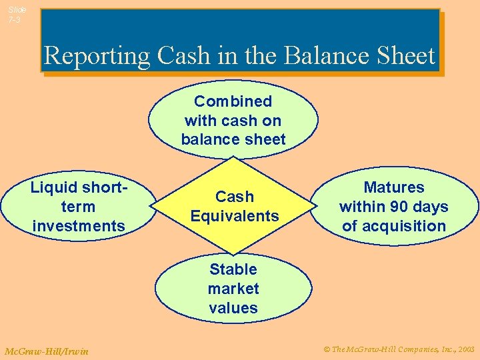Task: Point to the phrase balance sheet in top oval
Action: (233, 140)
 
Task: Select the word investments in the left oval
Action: (78, 226)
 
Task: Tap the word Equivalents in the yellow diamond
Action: (234, 216)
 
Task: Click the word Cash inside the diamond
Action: (234, 197)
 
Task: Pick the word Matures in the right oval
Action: (393, 187)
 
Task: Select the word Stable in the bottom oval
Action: (233, 269)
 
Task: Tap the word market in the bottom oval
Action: (233, 289)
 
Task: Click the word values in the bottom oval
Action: (233, 308)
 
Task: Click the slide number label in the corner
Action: (17, 15)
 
